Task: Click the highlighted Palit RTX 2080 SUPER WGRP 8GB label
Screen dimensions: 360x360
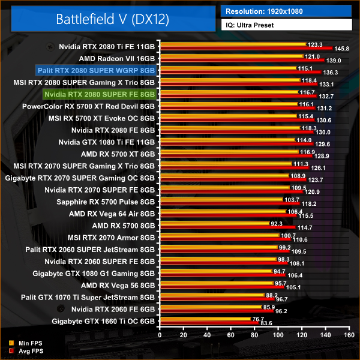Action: pyautogui.click(x=95, y=70)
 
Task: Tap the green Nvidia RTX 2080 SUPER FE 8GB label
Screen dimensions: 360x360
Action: pyautogui.click(x=99, y=94)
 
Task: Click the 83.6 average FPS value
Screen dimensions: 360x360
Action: pyautogui.click(x=265, y=323)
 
